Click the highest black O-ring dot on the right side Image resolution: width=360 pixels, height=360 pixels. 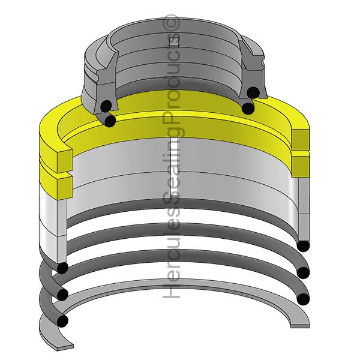254,92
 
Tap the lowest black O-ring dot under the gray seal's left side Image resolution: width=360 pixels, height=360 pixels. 110,121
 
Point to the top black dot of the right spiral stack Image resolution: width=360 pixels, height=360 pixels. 303,246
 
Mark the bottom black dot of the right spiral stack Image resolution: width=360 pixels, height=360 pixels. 303,299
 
